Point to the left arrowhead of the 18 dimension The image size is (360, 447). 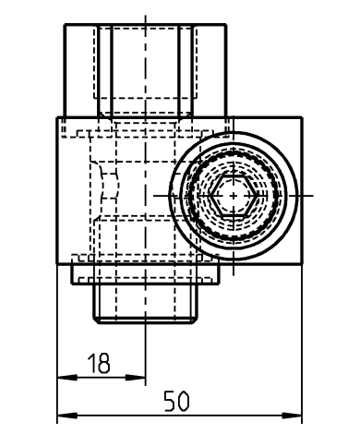(60, 377)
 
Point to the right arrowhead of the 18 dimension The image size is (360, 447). (143, 377)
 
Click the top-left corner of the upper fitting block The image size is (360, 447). (64, 24)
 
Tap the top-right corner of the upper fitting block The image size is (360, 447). (229, 24)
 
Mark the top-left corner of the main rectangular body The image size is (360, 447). (57, 117)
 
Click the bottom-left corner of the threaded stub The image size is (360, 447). (96, 320)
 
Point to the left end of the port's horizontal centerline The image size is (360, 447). (153, 196)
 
